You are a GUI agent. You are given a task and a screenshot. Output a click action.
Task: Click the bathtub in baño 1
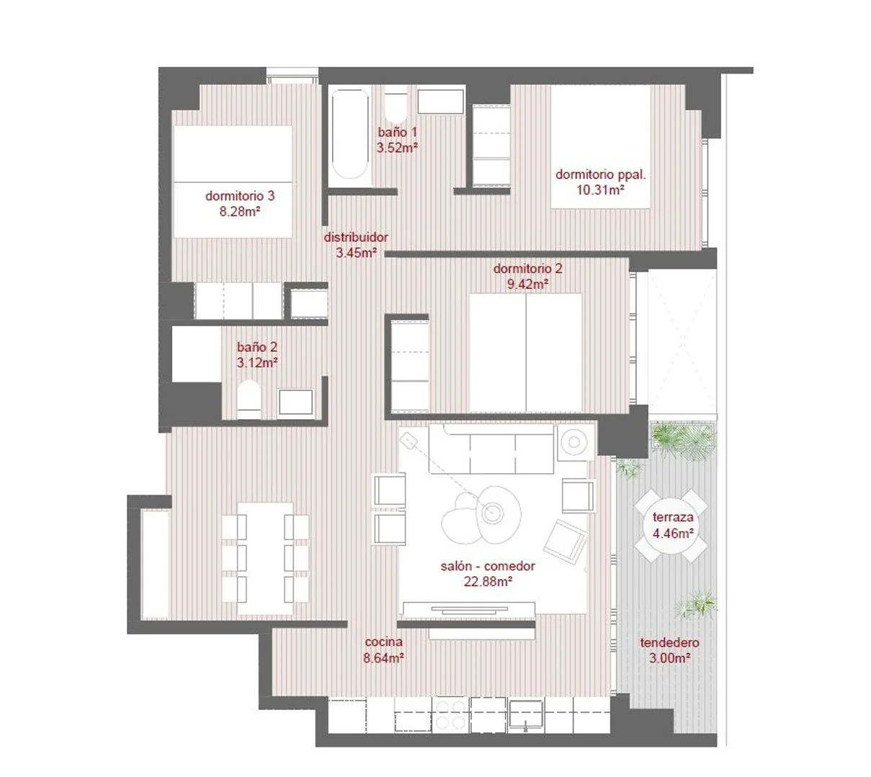(350, 134)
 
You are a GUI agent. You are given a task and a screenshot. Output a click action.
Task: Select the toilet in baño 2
(249, 399)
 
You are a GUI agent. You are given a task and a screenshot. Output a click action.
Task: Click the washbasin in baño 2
(295, 401)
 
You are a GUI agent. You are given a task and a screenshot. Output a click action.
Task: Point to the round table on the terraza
(671, 525)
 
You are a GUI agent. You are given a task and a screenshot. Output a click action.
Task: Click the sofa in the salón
(491, 449)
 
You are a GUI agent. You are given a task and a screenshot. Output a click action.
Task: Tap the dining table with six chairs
(265, 558)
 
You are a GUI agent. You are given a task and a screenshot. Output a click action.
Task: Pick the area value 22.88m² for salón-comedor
(488, 581)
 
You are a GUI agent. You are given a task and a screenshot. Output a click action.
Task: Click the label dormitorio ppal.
(601, 174)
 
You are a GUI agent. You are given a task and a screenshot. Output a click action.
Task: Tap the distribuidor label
(356, 237)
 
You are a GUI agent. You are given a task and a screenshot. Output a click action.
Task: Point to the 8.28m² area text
(240, 212)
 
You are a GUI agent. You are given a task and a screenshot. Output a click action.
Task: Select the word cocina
(383, 642)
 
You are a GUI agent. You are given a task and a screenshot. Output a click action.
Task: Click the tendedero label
(670, 642)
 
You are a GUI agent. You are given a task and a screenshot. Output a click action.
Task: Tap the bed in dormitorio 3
(233, 181)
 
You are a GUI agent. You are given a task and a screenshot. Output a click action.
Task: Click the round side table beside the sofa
(574, 442)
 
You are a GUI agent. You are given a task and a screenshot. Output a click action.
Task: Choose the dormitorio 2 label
(527, 269)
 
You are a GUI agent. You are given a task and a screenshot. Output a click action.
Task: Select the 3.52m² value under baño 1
(397, 148)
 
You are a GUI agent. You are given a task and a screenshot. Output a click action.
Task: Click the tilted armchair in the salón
(566, 541)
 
